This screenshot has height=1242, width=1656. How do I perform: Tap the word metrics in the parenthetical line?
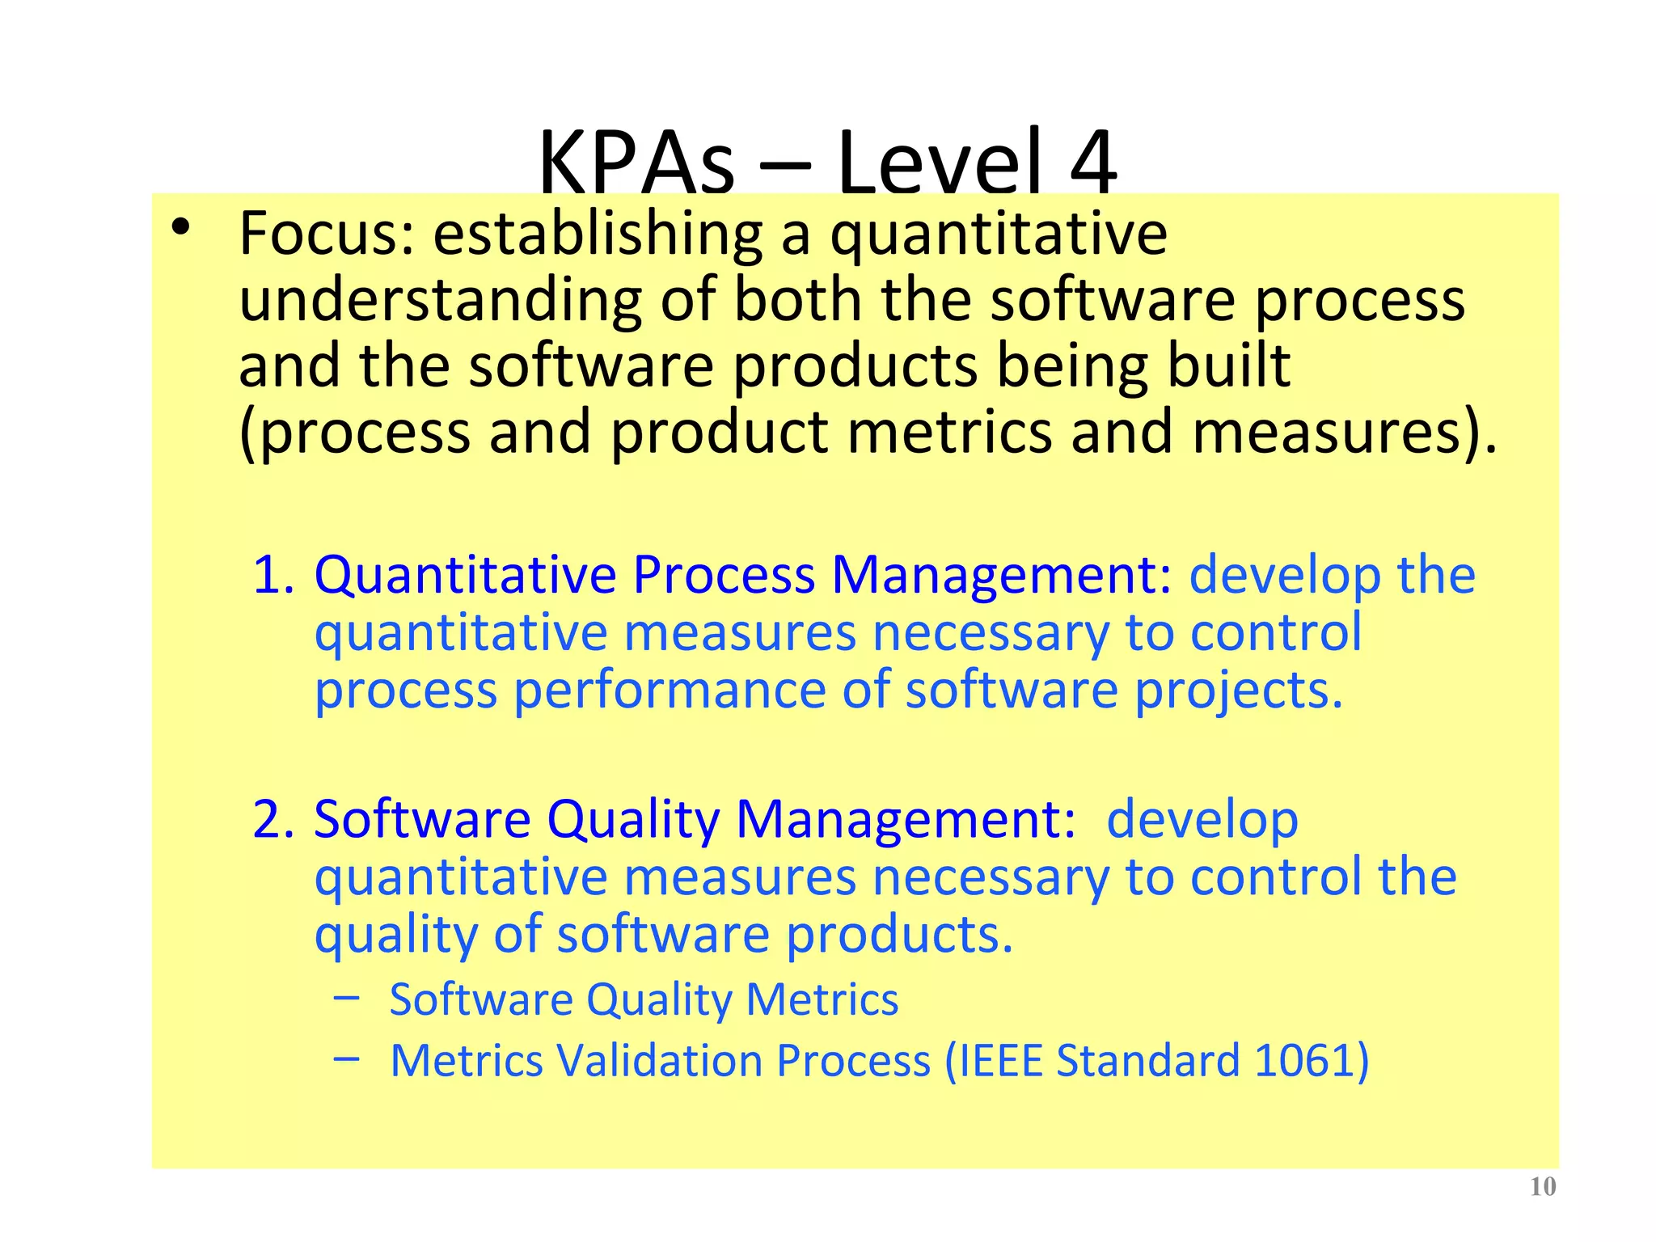click(949, 432)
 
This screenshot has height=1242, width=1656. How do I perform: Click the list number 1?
click(273, 575)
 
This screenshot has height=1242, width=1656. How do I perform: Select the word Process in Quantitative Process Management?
click(724, 575)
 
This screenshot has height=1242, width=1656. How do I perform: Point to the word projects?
click(1238, 691)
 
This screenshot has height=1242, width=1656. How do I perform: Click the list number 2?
click(273, 819)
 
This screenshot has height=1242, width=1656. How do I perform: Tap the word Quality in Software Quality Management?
click(633, 819)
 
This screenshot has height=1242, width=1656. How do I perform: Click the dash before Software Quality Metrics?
click(346, 997)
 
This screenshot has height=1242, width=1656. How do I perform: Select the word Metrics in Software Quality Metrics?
click(822, 999)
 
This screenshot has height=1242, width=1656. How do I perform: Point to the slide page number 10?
click(1543, 1187)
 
